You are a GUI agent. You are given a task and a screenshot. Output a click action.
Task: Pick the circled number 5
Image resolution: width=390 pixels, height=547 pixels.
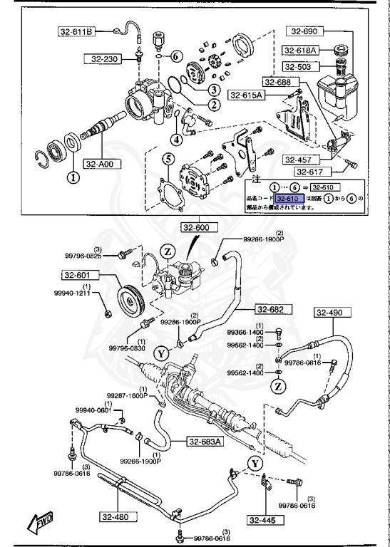coord(168,158)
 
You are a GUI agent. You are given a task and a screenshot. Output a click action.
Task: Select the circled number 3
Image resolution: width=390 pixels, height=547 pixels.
coord(212,90)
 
